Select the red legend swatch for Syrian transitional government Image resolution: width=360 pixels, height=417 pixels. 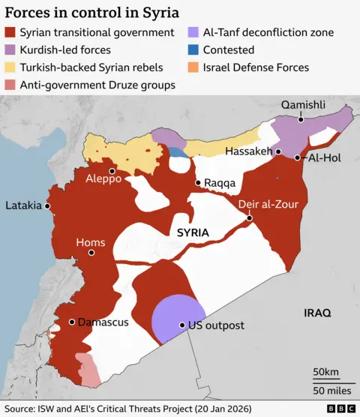(x=10, y=33)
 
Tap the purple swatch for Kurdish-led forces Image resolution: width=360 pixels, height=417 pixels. (x=10, y=50)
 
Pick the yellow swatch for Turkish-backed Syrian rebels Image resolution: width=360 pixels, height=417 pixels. (x=10, y=67)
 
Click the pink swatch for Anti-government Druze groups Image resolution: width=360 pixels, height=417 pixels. (x=10, y=85)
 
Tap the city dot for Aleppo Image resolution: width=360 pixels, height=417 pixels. (x=112, y=169)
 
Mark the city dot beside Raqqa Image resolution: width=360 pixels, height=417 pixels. (x=197, y=182)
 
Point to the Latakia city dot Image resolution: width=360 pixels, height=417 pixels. (x=47, y=205)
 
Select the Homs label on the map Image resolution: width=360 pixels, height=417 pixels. (x=90, y=242)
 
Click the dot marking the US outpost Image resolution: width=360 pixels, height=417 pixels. (x=181, y=325)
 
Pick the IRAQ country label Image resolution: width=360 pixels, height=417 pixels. (x=316, y=312)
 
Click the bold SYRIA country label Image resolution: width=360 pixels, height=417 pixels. (x=193, y=233)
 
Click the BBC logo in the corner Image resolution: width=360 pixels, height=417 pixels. (x=341, y=409)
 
